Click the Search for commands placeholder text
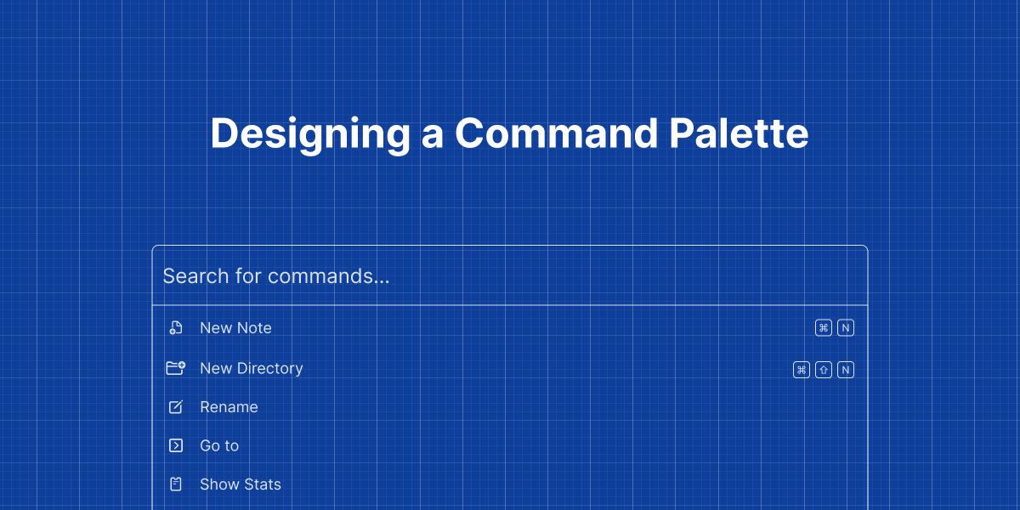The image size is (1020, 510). [276, 276]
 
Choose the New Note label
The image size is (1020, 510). [235, 328]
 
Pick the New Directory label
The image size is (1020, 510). [251, 368]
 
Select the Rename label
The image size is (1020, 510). [229, 407]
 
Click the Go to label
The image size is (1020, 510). [219, 445]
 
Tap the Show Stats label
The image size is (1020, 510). [240, 484]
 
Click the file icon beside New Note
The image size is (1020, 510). [176, 328]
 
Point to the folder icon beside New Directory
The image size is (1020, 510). [175, 368]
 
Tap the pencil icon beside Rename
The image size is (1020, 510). [176, 407]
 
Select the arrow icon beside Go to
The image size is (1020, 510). [176, 445]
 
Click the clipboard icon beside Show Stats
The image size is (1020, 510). [176, 484]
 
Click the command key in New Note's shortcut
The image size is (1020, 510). [823, 328]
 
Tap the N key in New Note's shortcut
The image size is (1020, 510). [845, 328]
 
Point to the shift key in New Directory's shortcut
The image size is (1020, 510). [823, 370]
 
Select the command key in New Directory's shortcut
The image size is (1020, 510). [801, 370]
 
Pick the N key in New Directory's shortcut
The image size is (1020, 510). [845, 370]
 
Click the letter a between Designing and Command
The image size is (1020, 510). [432, 136]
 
